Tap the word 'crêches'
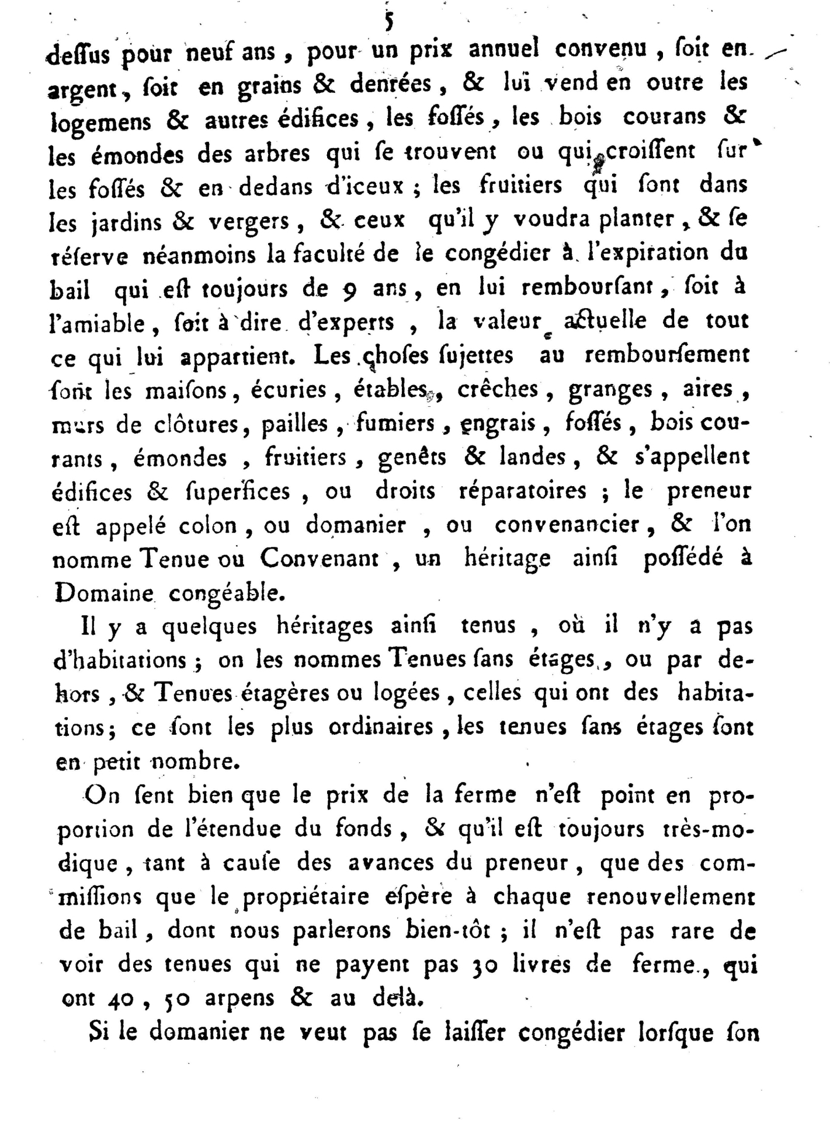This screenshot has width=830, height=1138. click(497, 390)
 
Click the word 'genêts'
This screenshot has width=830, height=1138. click(412, 458)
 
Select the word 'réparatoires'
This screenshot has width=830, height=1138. click(522, 491)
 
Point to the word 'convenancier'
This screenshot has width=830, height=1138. click(567, 526)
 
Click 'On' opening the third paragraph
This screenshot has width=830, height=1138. click(103, 796)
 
